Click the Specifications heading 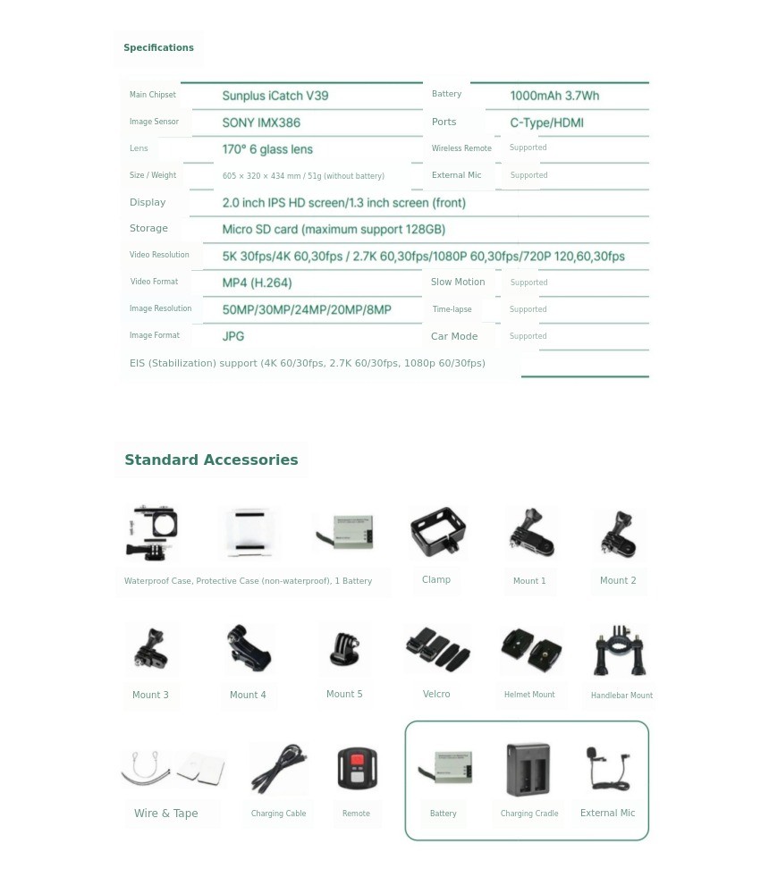click(158, 48)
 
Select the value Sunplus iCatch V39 click(275, 96)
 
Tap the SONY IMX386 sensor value click(261, 122)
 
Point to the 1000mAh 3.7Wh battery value click(554, 96)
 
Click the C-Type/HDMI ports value click(546, 122)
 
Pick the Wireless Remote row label click(461, 148)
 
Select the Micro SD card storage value click(334, 230)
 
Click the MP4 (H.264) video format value click(257, 283)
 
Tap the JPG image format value click(233, 337)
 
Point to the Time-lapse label click(452, 309)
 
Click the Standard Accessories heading click(211, 460)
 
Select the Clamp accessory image click(437, 533)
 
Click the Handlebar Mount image click(619, 650)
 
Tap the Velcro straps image click(436, 649)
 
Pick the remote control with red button click(357, 768)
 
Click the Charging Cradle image click(528, 769)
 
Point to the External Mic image click(608, 768)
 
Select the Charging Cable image click(279, 768)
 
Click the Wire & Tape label click(165, 814)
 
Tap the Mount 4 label click(248, 696)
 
